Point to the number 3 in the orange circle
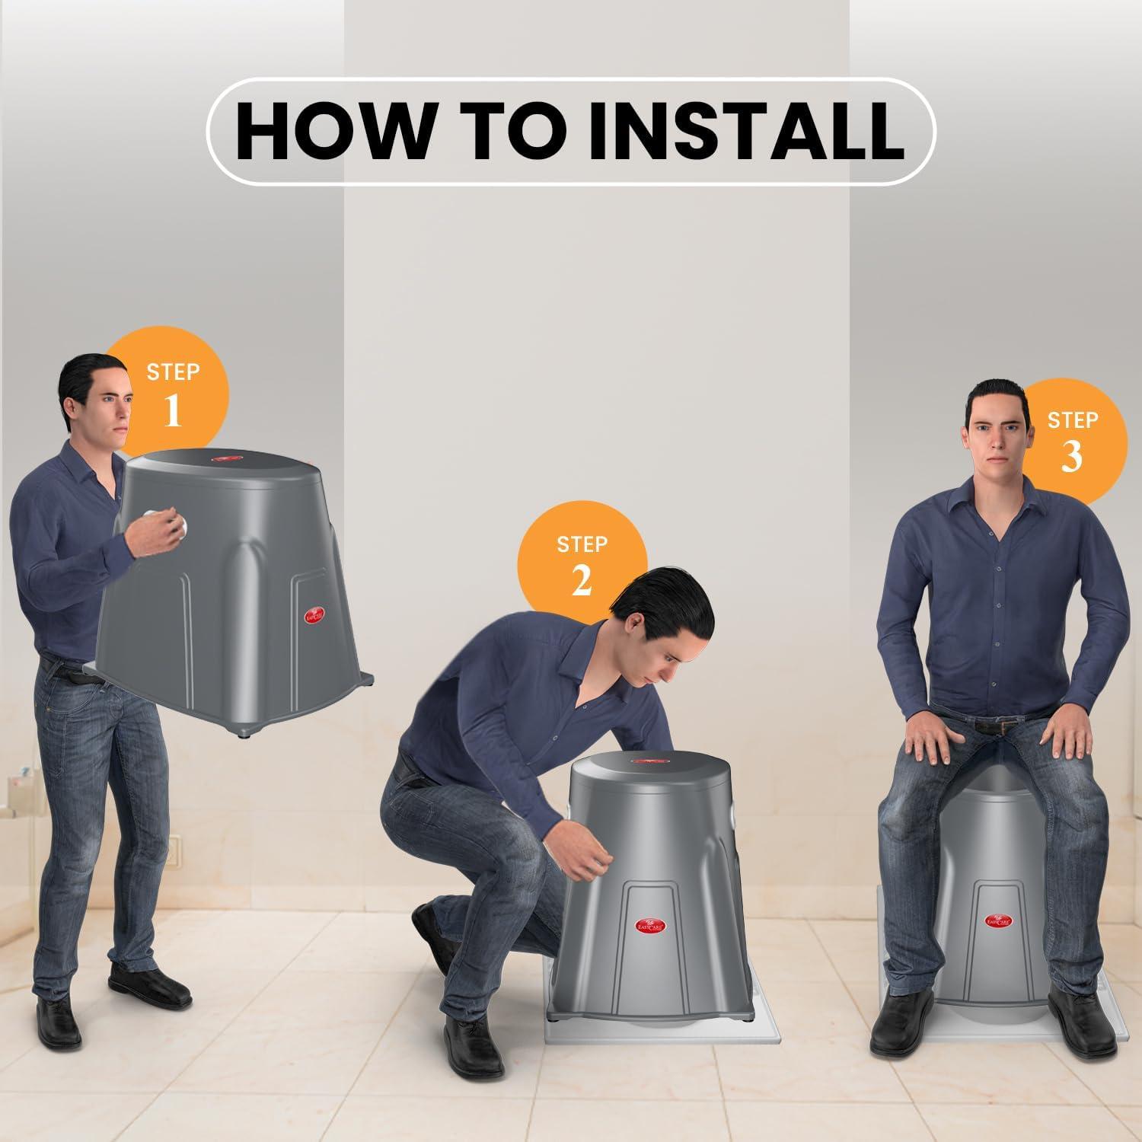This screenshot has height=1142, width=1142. (x=1072, y=456)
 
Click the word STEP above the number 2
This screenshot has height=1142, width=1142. (x=582, y=544)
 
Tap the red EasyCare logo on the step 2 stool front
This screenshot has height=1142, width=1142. (x=653, y=924)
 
